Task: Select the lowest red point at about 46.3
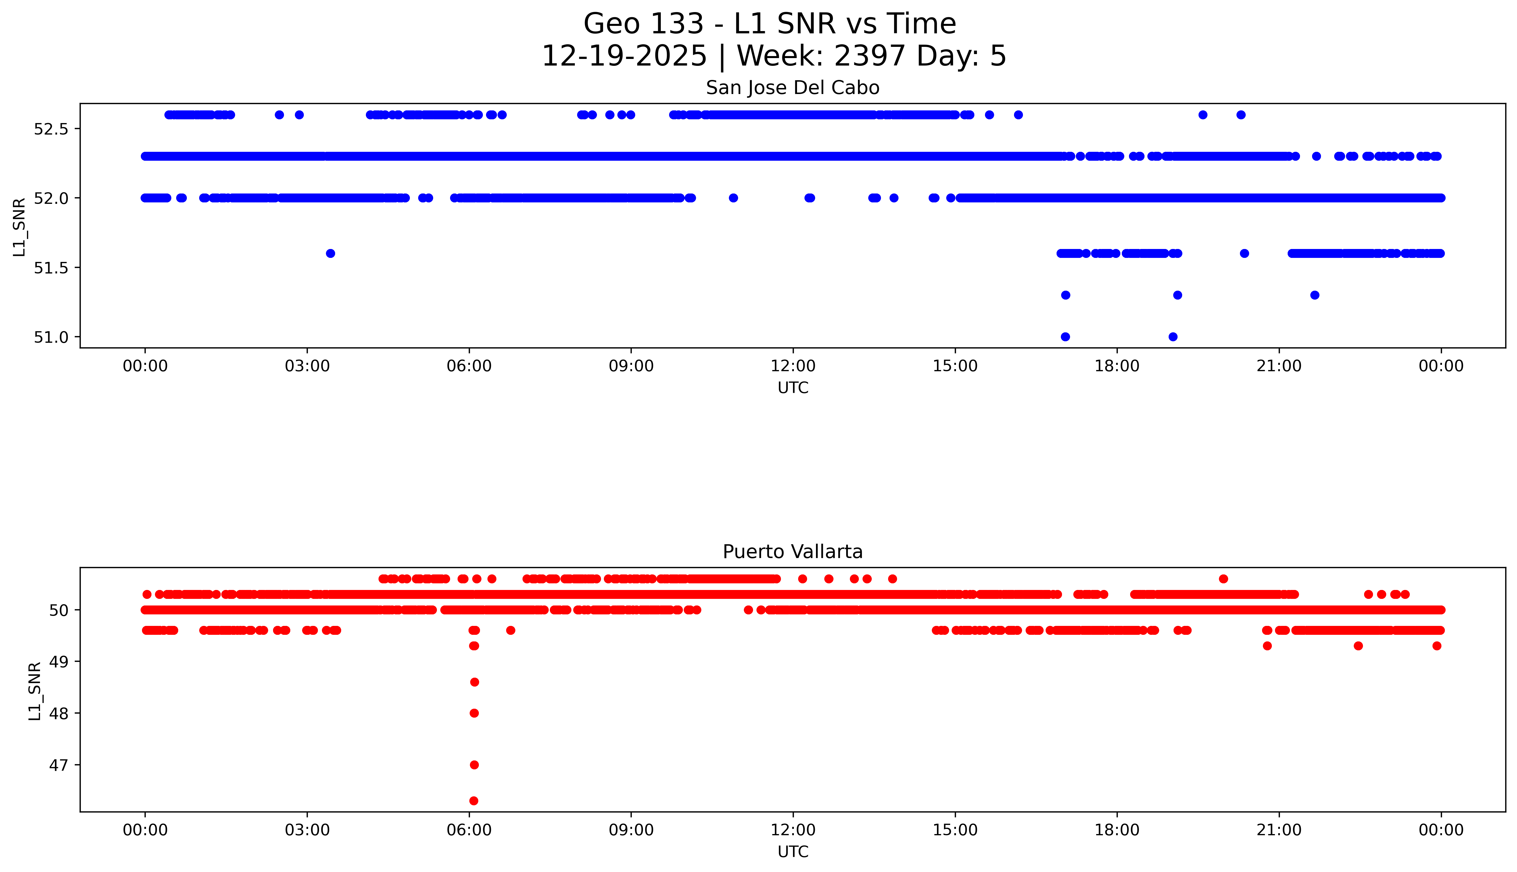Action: point(474,801)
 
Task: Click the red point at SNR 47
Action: point(474,765)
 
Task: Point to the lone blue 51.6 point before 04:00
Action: point(331,253)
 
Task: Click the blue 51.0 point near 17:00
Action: point(1065,337)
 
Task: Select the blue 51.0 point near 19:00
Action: point(1173,337)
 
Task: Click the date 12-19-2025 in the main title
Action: point(624,56)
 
